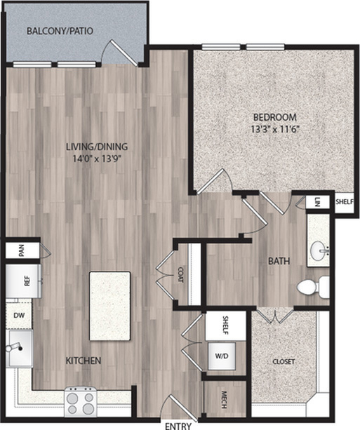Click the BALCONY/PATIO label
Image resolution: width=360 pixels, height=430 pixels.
coord(60,31)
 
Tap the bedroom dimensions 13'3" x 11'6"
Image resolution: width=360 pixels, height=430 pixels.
coord(274,129)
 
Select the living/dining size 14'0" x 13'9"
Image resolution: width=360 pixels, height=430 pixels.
coord(97,159)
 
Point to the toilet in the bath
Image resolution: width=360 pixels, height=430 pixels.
coord(313,288)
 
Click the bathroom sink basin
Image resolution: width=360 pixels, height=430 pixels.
coord(319,250)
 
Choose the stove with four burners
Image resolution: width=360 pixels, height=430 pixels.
coord(81,401)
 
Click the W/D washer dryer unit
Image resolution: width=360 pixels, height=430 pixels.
coord(222,356)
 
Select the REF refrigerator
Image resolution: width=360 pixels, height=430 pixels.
coord(23,281)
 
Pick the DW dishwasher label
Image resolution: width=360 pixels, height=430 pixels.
coord(19,316)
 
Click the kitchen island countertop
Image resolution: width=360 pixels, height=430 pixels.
coord(109,306)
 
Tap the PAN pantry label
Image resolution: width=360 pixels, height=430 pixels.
coord(21,250)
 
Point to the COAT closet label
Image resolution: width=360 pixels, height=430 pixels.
coord(180,275)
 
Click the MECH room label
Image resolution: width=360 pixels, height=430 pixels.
coord(224,400)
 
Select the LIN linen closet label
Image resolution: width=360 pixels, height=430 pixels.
coord(317,202)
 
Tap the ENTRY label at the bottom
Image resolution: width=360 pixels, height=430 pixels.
coord(178,426)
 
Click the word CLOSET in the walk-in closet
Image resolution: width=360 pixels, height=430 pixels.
coord(284,362)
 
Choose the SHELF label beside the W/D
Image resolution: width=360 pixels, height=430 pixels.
coord(225,325)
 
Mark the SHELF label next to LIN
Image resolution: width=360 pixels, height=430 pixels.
coord(345,202)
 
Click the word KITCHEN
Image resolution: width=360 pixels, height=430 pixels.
coord(84,361)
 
